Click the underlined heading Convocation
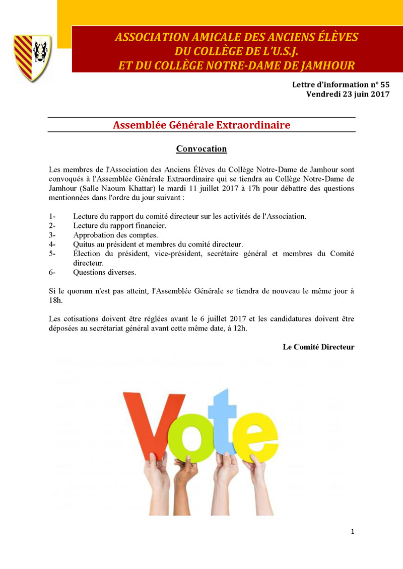tap(201, 149)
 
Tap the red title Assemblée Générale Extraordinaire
tap(201, 125)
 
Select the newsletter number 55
tap(384, 85)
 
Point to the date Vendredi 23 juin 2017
tap(348, 94)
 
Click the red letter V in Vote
tap(153, 422)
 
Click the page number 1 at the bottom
tap(353, 531)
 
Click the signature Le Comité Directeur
tap(318, 347)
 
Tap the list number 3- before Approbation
tap(52, 235)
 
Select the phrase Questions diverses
tap(104, 272)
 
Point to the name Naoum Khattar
tap(123, 189)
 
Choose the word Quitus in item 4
tap(84, 245)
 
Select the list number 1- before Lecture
tap(52, 216)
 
